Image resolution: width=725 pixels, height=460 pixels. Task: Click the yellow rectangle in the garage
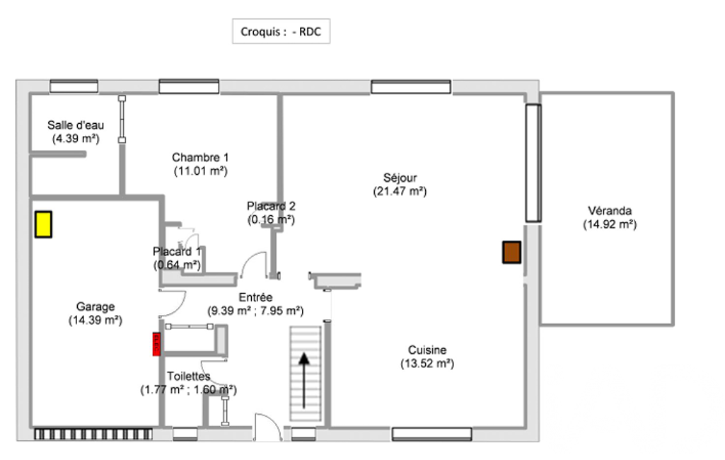pyautogui.click(x=43, y=224)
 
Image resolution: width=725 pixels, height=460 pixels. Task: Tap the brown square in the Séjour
pyautogui.click(x=512, y=252)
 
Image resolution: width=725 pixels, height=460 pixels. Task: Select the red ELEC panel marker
pyautogui.click(x=156, y=345)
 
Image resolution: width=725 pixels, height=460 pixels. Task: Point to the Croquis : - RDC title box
pyautogui.click(x=281, y=31)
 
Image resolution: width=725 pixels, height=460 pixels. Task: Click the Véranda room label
pyautogui.click(x=610, y=211)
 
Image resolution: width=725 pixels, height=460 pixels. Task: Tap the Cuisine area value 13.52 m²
pyautogui.click(x=427, y=364)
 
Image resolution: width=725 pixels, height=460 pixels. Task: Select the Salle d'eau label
pyautogui.click(x=76, y=125)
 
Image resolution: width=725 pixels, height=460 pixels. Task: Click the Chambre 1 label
pyautogui.click(x=200, y=157)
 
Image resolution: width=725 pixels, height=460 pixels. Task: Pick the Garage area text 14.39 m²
pyautogui.click(x=95, y=321)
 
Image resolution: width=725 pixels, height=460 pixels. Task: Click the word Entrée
pyautogui.click(x=255, y=297)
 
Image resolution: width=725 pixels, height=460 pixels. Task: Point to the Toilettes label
pyautogui.click(x=189, y=376)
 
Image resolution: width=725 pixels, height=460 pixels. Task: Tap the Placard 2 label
pyautogui.click(x=271, y=206)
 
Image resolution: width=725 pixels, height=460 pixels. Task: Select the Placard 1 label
pyautogui.click(x=177, y=252)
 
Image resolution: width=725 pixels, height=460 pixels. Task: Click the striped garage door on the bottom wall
pyautogui.click(x=93, y=434)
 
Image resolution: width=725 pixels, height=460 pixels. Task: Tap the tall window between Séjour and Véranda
pyautogui.click(x=533, y=163)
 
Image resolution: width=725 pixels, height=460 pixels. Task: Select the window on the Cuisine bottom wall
pyautogui.click(x=432, y=434)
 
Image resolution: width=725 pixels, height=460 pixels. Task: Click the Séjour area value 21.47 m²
pyautogui.click(x=400, y=192)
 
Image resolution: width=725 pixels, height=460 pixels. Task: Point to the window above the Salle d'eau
pyautogui.click(x=74, y=86)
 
